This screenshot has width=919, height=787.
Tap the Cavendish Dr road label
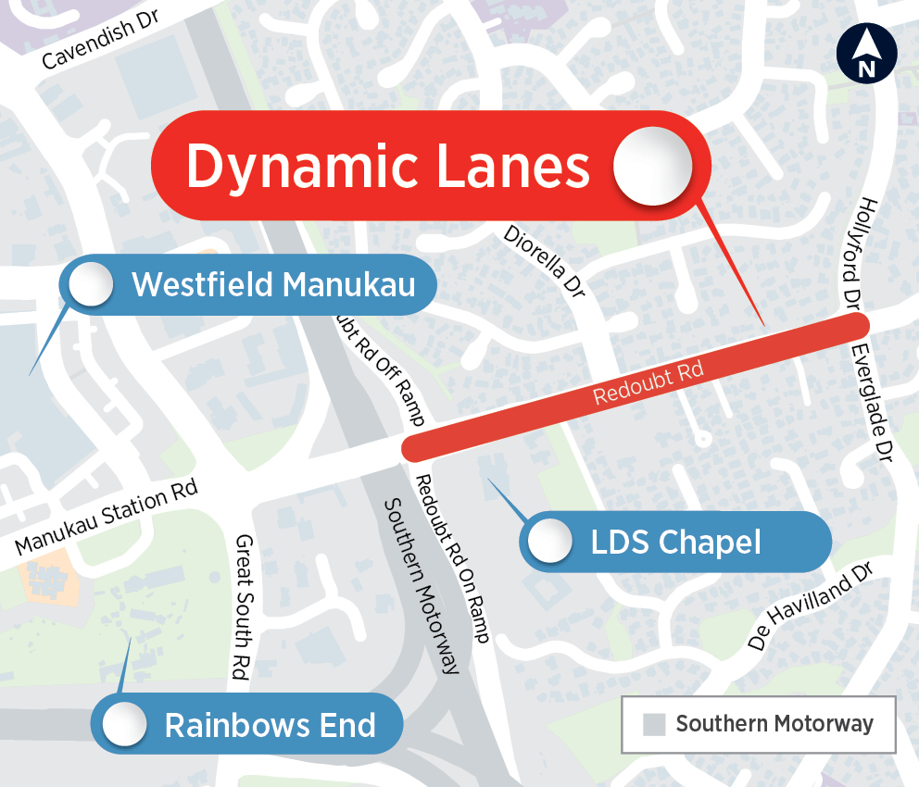click(x=102, y=44)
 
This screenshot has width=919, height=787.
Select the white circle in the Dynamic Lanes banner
click(x=653, y=167)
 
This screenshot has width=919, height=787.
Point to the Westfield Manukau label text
click(x=273, y=284)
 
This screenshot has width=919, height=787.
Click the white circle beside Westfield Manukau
click(x=91, y=283)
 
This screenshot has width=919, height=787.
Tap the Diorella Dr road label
click(x=546, y=262)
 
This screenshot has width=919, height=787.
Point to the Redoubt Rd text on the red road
click(x=648, y=383)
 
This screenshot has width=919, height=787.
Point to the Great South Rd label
click(x=244, y=607)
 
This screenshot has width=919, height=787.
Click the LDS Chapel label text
click(x=675, y=543)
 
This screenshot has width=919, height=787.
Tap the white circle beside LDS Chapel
click(x=549, y=541)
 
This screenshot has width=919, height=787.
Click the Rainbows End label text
click(x=270, y=725)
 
